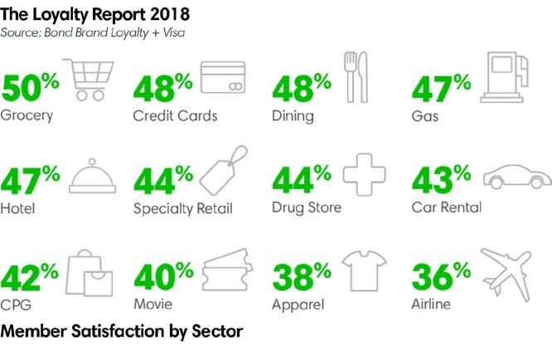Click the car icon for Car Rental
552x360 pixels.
516,177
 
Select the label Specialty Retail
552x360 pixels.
182,208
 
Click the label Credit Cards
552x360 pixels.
175,115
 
